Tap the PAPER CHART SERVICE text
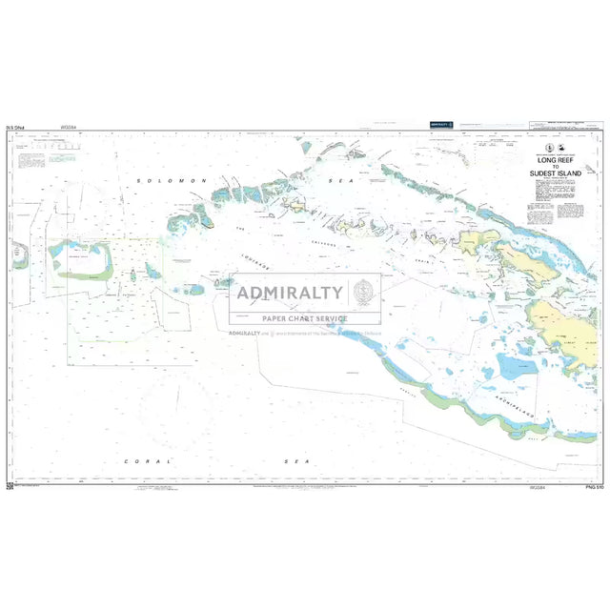coord(305,318)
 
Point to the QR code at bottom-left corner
coord(10,486)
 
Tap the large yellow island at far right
coord(563,324)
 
